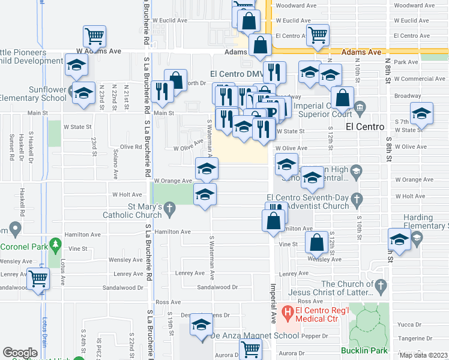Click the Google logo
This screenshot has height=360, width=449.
(x=20, y=353)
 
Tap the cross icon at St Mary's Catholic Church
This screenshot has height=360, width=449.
(x=170, y=209)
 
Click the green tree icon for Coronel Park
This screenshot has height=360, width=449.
(x=56, y=244)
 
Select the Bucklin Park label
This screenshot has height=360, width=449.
(x=361, y=350)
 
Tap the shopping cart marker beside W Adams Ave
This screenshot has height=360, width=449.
(x=94, y=37)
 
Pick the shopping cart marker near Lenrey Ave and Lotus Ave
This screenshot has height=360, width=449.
(x=38, y=278)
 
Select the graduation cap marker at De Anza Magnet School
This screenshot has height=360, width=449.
(x=200, y=325)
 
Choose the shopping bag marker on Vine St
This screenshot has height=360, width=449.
(x=316, y=242)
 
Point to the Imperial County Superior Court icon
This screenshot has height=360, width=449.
(x=360, y=108)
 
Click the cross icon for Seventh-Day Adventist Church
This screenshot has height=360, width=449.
(x=357, y=198)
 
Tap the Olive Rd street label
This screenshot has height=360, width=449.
(x=130, y=146)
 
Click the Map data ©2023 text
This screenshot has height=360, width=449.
(x=423, y=355)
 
